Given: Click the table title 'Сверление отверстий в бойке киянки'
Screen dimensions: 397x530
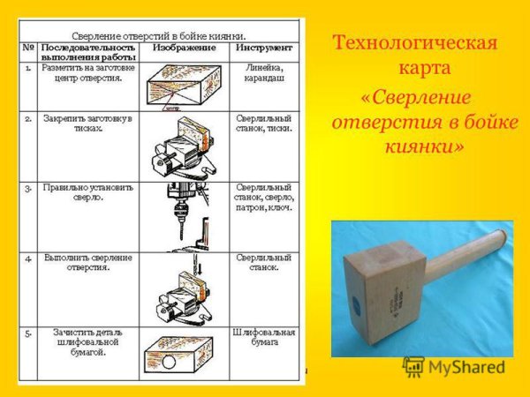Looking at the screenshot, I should [161, 29].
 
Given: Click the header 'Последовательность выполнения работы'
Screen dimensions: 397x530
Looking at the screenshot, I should [88, 51].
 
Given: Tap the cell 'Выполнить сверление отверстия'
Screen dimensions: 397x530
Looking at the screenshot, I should [87, 262].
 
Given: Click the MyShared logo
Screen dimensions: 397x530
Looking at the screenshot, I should [454, 366].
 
